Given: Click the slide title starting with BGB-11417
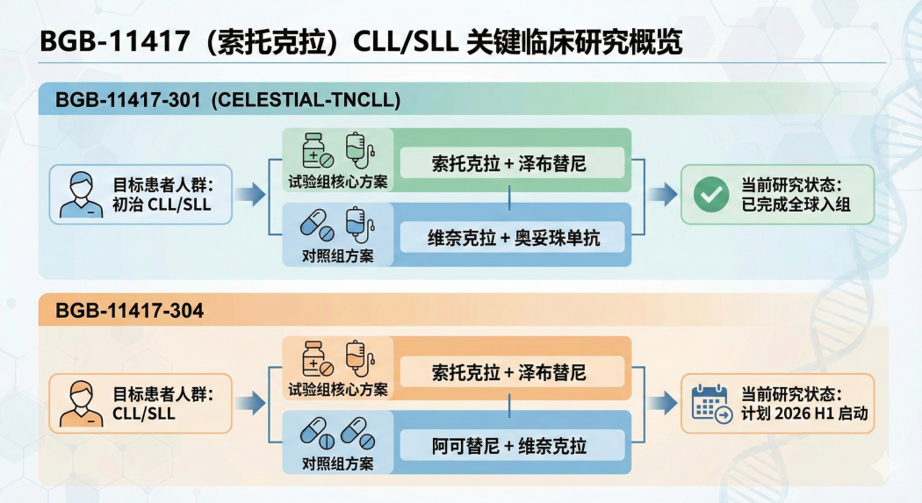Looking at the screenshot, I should [x=361, y=43].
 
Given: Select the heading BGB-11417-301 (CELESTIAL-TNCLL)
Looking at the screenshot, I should [x=227, y=101].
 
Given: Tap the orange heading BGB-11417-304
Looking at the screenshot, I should [x=129, y=311].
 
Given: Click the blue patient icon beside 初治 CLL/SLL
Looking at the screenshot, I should [x=80, y=195].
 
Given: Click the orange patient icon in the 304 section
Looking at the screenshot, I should [x=80, y=404].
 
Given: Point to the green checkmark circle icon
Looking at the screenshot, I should [x=710, y=195].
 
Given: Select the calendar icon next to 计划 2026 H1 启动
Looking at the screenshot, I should [x=710, y=404].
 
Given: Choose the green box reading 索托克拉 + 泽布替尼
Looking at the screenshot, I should [x=512, y=163].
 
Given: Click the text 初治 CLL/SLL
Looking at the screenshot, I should [x=162, y=205].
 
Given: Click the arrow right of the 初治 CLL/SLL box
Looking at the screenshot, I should [x=250, y=195].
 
